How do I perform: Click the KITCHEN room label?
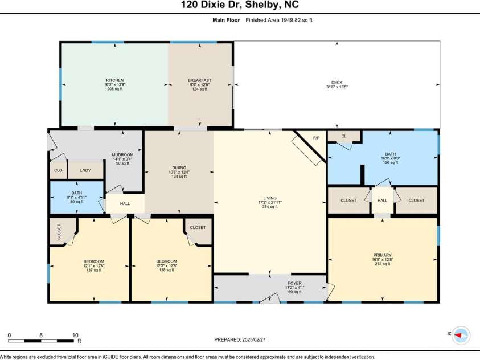click(x=114, y=80)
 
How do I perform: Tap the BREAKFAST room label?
click(x=200, y=80)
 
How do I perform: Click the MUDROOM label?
click(x=122, y=155)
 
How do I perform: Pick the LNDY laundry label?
click(x=85, y=170)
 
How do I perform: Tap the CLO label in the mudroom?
click(x=58, y=170)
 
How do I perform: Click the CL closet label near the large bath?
click(x=344, y=136)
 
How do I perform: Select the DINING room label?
click(x=179, y=167)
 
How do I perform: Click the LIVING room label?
click(x=270, y=198)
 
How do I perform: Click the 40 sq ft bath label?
click(x=76, y=201)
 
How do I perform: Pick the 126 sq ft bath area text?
click(x=390, y=162)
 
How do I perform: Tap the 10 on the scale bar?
click(x=75, y=335)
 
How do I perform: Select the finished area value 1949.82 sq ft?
click(x=294, y=20)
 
